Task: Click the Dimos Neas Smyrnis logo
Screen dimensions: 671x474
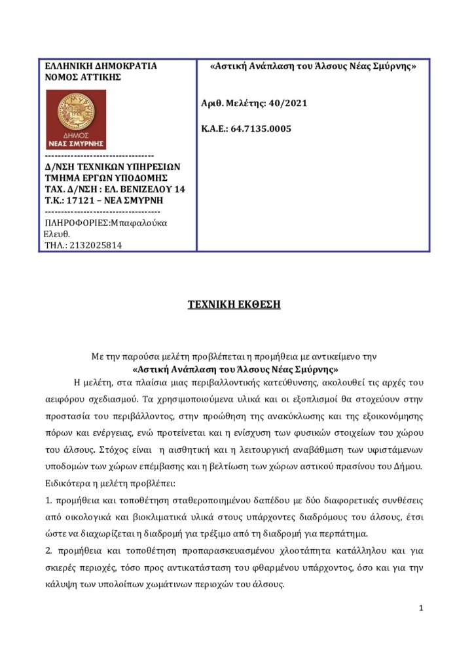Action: click(x=75, y=120)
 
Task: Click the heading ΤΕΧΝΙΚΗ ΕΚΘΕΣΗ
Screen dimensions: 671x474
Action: click(x=234, y=305)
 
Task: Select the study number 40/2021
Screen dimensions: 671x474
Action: click(x=287, y=104)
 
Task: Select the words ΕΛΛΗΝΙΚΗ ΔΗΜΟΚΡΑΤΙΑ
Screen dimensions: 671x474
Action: click(x=100, y=66)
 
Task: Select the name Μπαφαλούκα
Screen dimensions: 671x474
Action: click(x=139, y=223)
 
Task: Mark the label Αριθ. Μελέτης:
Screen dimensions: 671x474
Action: click(x=234, y=104)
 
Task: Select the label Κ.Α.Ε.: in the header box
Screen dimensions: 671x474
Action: click(x=215, y=128)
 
